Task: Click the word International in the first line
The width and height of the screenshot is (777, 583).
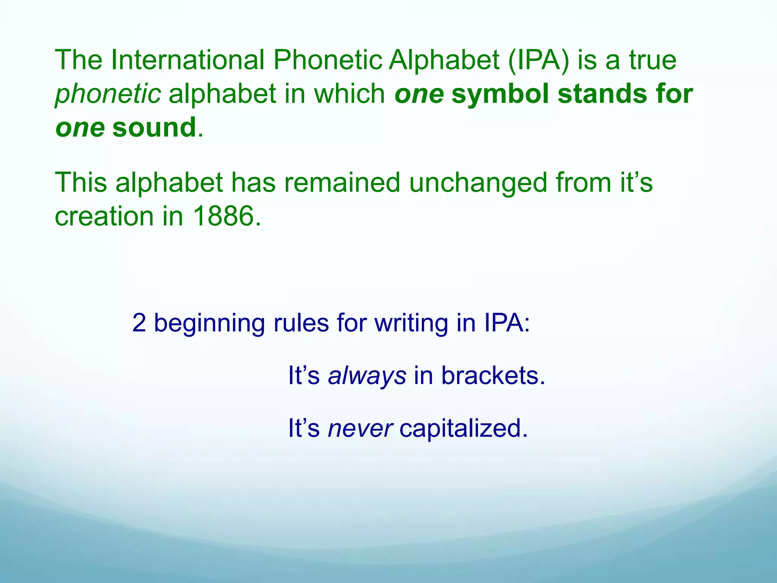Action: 187,60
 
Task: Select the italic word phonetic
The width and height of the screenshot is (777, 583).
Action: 108,94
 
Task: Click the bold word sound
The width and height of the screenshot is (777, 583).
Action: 154,128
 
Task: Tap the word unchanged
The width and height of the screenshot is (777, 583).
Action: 478,183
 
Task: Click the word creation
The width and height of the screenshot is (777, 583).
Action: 104,216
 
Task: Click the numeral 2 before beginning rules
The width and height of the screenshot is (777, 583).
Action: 139,323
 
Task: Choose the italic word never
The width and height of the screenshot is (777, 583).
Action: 360,429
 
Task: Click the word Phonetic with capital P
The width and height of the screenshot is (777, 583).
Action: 327,60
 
